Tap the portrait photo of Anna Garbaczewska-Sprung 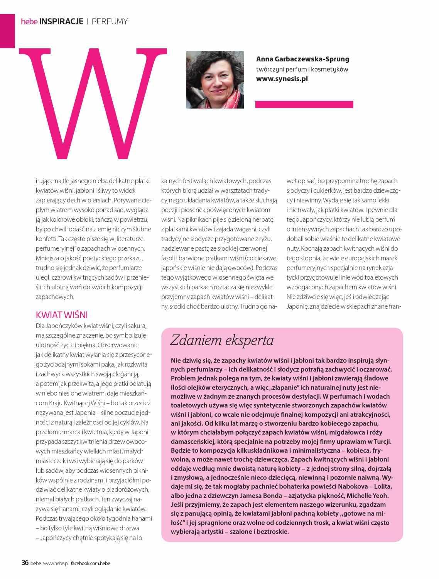pyautogui.click(x=215, y=80)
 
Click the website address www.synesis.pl pyautogui.click(x=282, y=79)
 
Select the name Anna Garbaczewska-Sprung pyautogui.click(x=302, y=59)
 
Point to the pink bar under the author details pyautogui.click(x=304, y=104)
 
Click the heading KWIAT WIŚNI pyautogui.click(x=62, y=314)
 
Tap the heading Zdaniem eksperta pyautogui.click(x=222, y=340)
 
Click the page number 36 pyautogui.click(x=25, y=563)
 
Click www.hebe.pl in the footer pyautogui.click(x=56, y=563)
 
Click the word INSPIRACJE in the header pyautogui.click(x=61, y=22)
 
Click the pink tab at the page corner pyautogui.click(x=7, y=31)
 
